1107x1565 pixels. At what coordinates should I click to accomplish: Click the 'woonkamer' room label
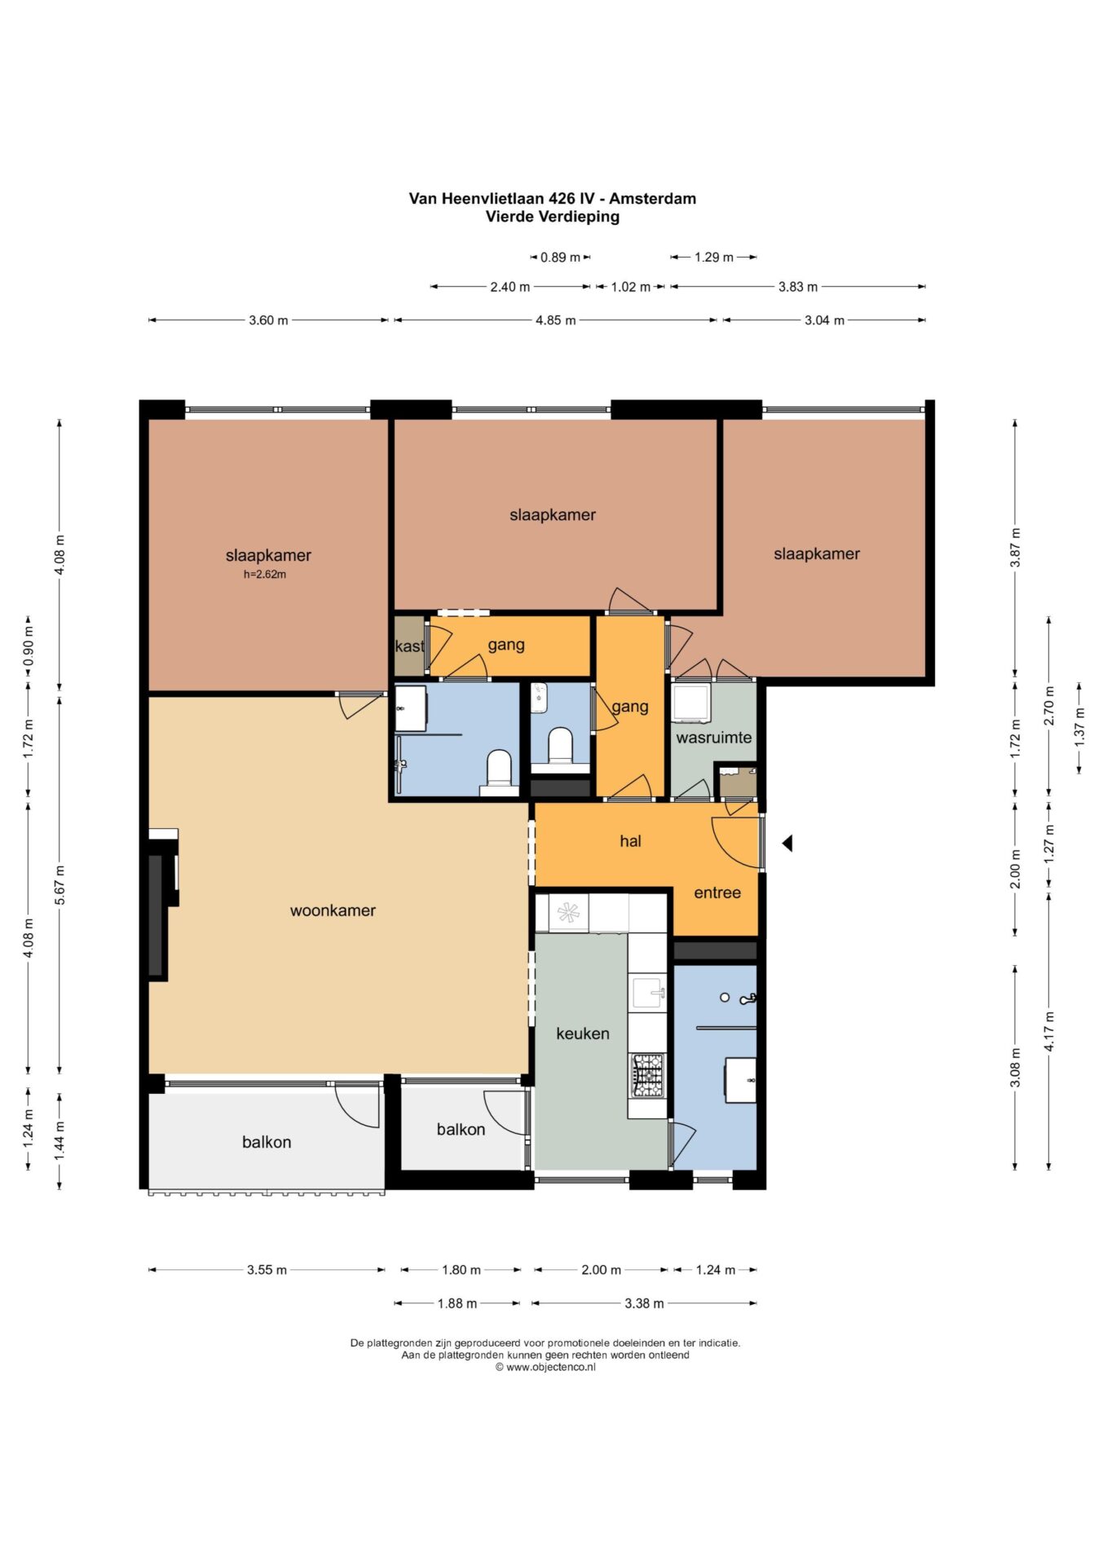click(x=333, y=910)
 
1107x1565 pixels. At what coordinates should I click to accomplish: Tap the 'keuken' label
click(x=583, y=1034)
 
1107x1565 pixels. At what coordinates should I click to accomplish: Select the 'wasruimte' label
click(x=714, y=738)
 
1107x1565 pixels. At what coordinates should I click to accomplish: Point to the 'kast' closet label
click(x=409, y=646)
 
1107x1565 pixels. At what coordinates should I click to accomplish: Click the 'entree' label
click(x=717, y=893)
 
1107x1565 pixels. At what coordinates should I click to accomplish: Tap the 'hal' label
click(x=630, y=841)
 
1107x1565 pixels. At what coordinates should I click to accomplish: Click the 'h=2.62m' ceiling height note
click(x=265, y=575)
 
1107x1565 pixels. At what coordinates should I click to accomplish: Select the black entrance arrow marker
click(x=787, y=843)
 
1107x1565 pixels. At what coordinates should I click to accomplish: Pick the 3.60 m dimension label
click(x=268, y=320)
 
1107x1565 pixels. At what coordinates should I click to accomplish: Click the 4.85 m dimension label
click(x=555, y=320)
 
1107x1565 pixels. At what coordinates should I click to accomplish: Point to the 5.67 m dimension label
click(x=60, y=885)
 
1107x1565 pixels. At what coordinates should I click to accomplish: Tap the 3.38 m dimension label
click(x=644, y=1303)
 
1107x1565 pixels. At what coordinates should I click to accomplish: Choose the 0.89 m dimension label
click(x=560, y=258)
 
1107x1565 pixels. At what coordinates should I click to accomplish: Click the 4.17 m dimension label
click(x=1049, y=1032)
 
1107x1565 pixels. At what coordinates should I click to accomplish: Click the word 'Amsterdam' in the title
click(x=652, y=198)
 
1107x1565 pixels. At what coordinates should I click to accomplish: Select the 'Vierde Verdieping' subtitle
click(x=553, y=217)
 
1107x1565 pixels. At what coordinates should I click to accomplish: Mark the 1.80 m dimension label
click(x=461, y=1270)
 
